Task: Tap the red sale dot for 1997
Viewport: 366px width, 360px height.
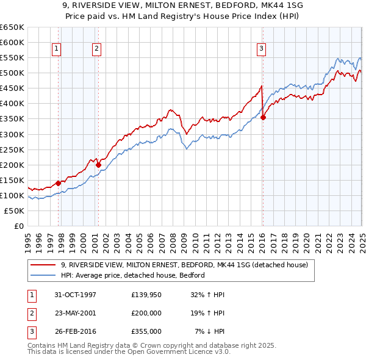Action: coord(59,182)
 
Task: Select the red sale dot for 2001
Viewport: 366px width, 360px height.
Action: coord(98,164)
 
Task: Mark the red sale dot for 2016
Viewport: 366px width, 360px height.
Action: coord(263,117)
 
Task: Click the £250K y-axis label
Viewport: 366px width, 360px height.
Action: coord(12,149)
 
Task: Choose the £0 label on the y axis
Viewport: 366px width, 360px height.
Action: coord(18,226)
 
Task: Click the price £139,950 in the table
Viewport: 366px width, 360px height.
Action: coord(146,295)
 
